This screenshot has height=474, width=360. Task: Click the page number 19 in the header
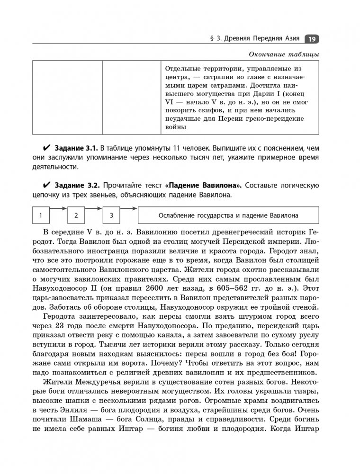(314, 39)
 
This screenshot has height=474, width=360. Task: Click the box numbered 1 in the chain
(41, 215)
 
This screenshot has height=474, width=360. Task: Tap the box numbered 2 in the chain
(76, 215)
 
